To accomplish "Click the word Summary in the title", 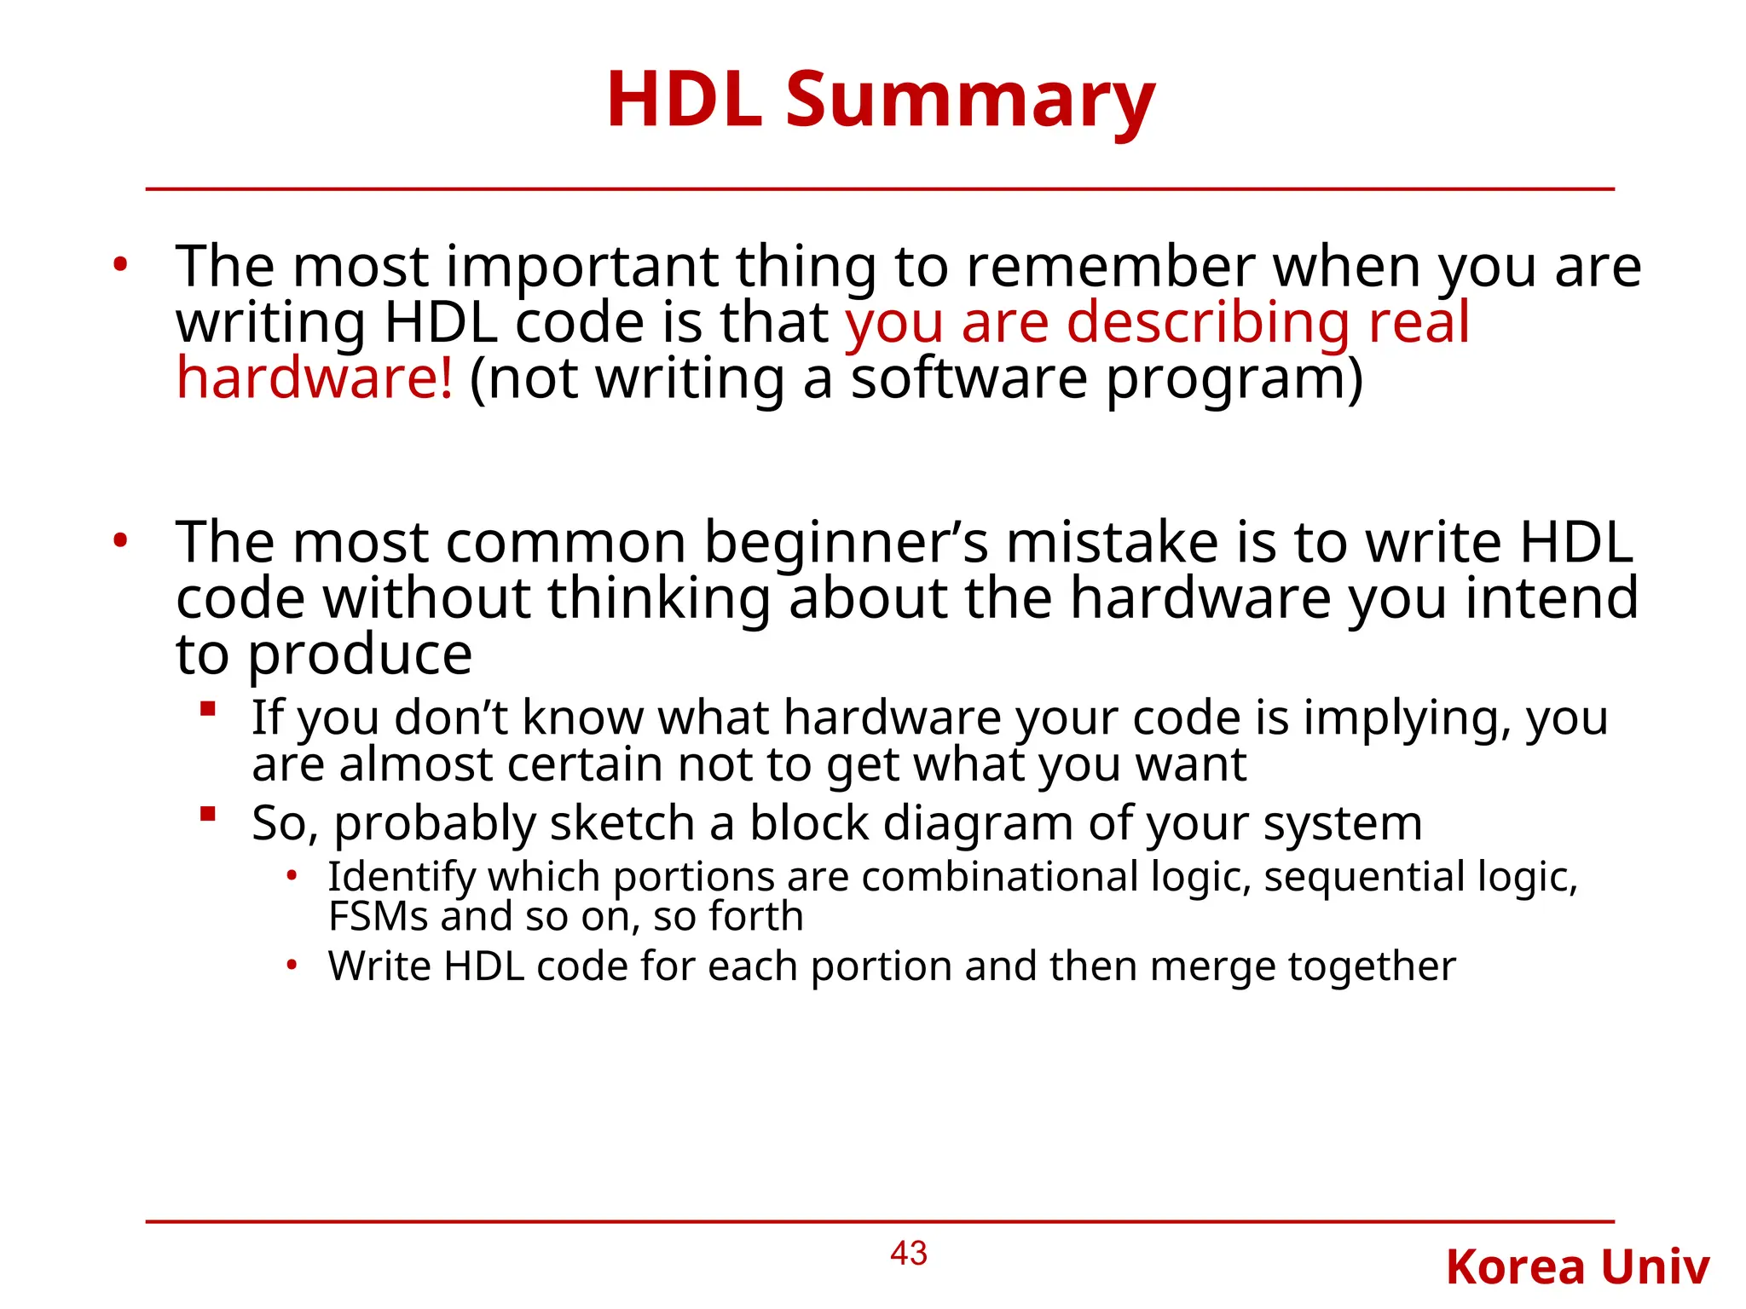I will (x=969, y=101).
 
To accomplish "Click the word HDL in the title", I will (x=684, y=101).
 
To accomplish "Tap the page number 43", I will (x=908, y=1253).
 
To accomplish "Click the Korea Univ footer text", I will (x=1577, y=1267).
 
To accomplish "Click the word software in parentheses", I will (x=969, y=378).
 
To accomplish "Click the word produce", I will (x=360, y=655).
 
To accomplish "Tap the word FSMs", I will (x=378, y=917).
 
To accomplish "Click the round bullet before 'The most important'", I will (x=120, y=265).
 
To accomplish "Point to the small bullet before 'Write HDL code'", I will (x=292, y=966).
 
